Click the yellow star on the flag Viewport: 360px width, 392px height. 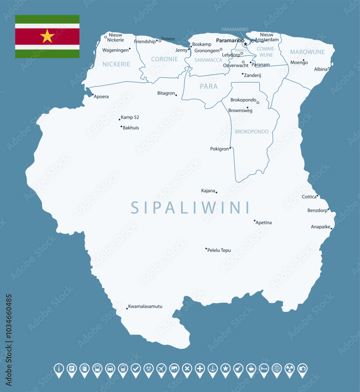click(x=47, y=36)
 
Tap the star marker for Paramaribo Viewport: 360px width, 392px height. click(x=245, y=44)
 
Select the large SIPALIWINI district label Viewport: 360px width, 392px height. click(x=190, y=207)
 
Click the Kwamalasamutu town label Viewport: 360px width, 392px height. click(x=145, y=306)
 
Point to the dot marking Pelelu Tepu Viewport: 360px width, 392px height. click(x=206, y=249)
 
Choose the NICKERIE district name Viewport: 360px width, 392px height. click(x=116, y=64)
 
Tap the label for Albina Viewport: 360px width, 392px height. click(x=320, y=69)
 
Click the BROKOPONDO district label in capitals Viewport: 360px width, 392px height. click(x=252, y=132)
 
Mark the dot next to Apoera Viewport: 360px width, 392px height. click(x=92, y=94)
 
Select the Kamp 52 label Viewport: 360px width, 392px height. click(x=130, y=117)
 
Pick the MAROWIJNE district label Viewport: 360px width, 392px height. click(x=307, y=52)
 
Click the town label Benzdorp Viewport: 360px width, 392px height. click(x=317, y=211)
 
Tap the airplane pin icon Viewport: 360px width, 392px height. click(x=161, y=368)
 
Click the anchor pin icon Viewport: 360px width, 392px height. click(x=213, y=368)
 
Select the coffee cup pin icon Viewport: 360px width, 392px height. click(x=251, y=368)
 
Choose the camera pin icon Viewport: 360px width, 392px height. click(x=302, y=368)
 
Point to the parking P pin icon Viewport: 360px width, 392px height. click(x=72, y=368)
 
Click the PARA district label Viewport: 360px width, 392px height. click(x=208, y=87)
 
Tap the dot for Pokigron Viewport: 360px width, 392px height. click(x=230, y=148)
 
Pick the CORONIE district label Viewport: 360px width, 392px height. click(x=164, y=59)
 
